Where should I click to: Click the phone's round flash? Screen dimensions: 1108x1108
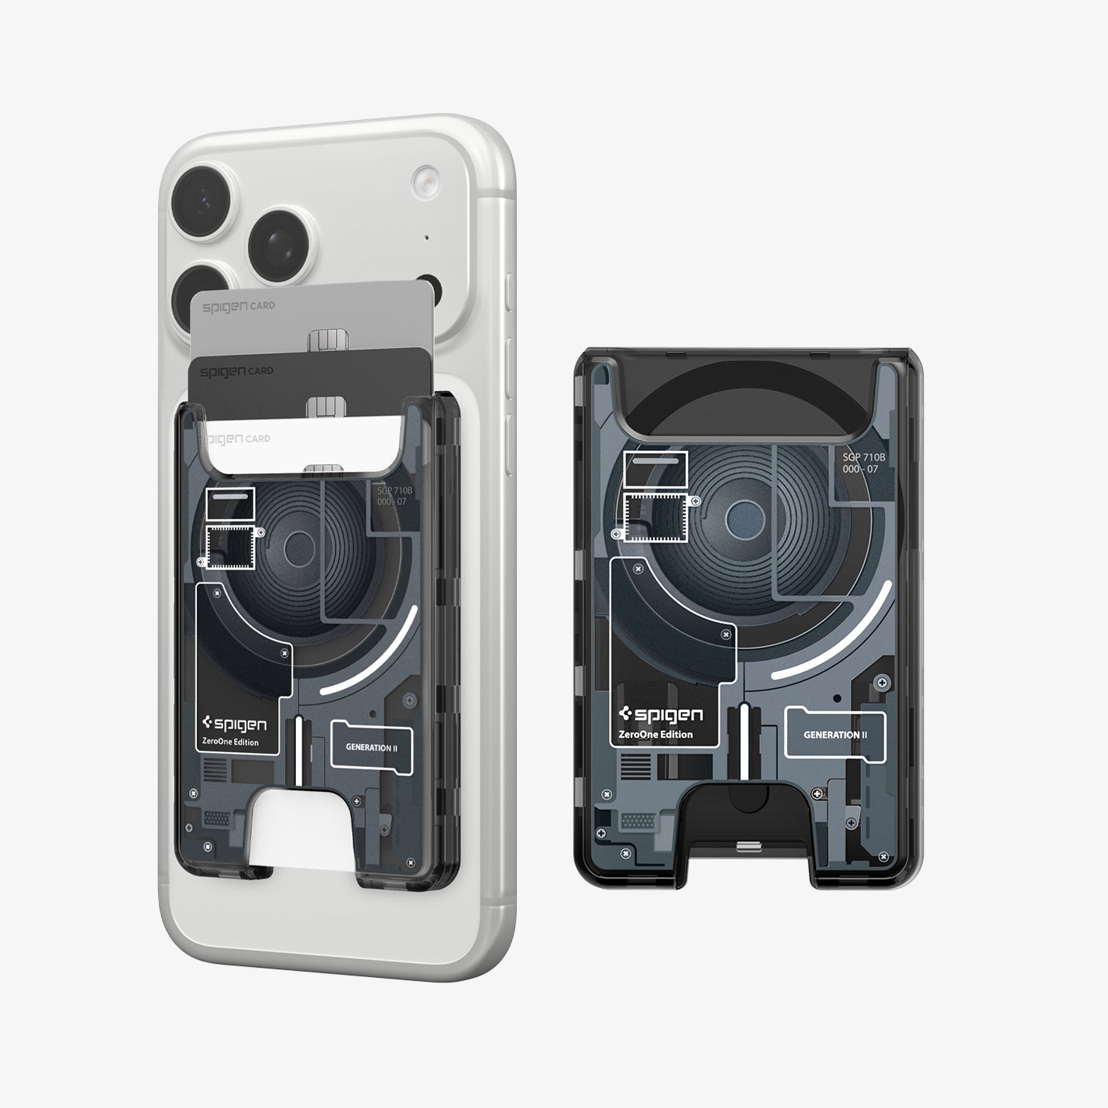point(425,181)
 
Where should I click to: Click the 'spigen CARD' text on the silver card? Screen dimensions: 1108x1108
point(238,306)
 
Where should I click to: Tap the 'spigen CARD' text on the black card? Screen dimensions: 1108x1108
point(236,371)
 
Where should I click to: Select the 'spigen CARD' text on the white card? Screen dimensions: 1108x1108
point(236,439)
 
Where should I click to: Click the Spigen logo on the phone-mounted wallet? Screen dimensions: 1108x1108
point(233,724)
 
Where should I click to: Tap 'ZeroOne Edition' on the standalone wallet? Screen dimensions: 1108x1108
point(656,735)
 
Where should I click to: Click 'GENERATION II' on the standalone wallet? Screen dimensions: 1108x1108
point(834,735)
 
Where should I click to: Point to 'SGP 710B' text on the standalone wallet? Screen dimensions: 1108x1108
point(863,457)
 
